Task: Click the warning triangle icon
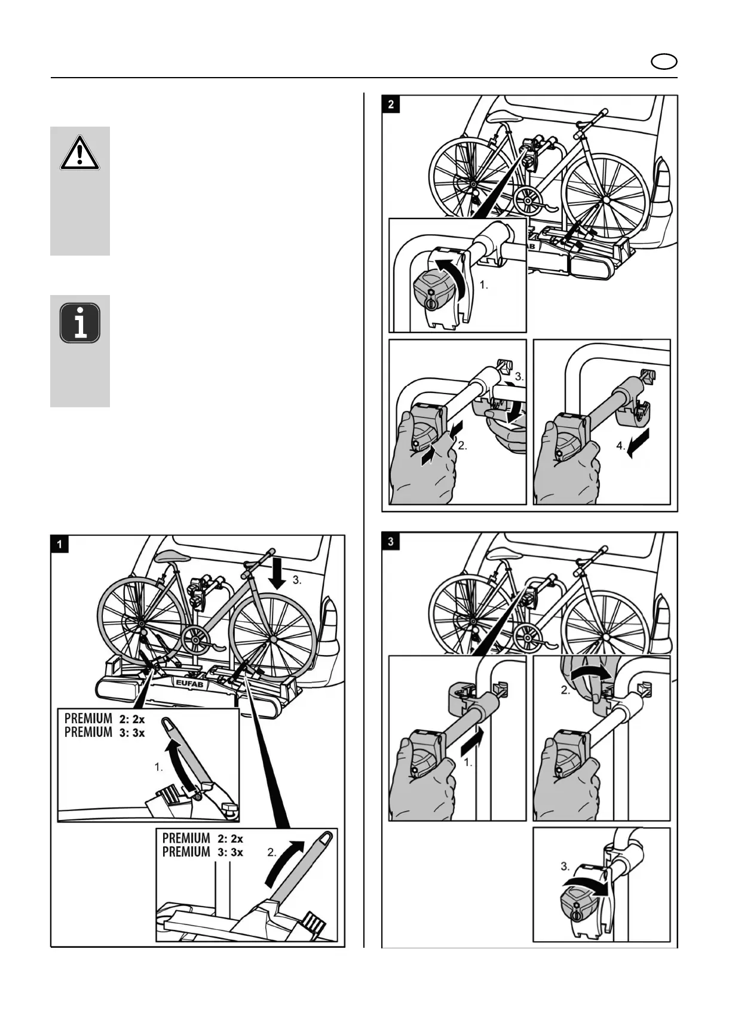pos(79,155)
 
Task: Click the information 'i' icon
pos(79,323)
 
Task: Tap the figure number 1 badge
pos(60,544)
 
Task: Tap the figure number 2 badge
pos(391,104)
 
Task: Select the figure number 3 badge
pos(391,542)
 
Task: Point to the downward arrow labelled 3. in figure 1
pos(277,574)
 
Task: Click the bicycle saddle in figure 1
pos(170,557)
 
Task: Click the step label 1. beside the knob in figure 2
pos(483,285)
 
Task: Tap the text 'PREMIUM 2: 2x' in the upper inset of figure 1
pos(105,719)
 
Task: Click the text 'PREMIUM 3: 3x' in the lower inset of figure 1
pos(203,852)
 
